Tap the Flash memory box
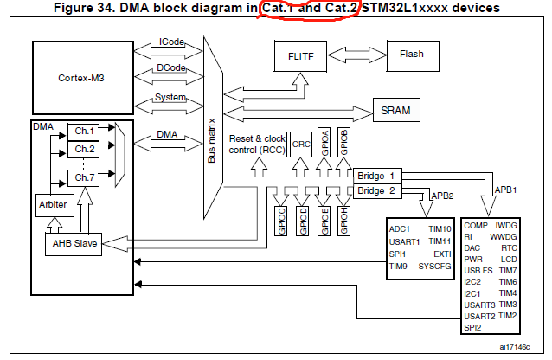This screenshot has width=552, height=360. pyautogui.click(x=412, y=54)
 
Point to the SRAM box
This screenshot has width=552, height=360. pyautogui.click(x=395, y=111)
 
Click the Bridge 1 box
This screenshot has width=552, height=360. pyautogui.click(x=376, y=176)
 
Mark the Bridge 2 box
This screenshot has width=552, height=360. pyautogui.click(x=376, y=190)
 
